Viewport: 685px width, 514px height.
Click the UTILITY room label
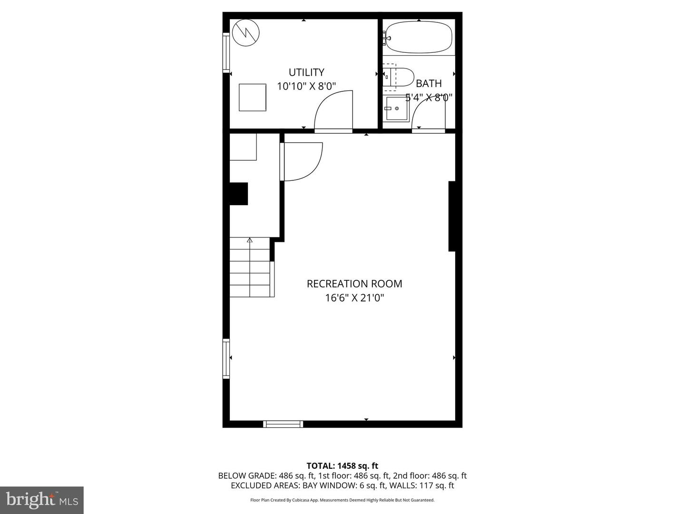306,72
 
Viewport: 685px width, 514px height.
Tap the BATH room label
429,84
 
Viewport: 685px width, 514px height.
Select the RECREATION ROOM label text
354,284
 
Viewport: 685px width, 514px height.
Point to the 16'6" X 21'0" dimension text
354,298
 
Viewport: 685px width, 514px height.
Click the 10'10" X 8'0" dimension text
306,87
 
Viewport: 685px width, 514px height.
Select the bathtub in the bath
419,38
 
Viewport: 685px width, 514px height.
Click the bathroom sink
397,109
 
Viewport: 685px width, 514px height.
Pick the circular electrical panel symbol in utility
246,32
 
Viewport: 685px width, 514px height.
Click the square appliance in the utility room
252,98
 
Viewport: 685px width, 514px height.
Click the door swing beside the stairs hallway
302,162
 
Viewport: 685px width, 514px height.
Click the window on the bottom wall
284,424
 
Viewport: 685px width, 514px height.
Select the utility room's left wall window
226,52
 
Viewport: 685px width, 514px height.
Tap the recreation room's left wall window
226,358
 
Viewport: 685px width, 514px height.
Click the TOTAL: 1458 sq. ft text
342,466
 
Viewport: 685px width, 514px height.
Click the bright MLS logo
42,500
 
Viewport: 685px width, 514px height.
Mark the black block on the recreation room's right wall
452,216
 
